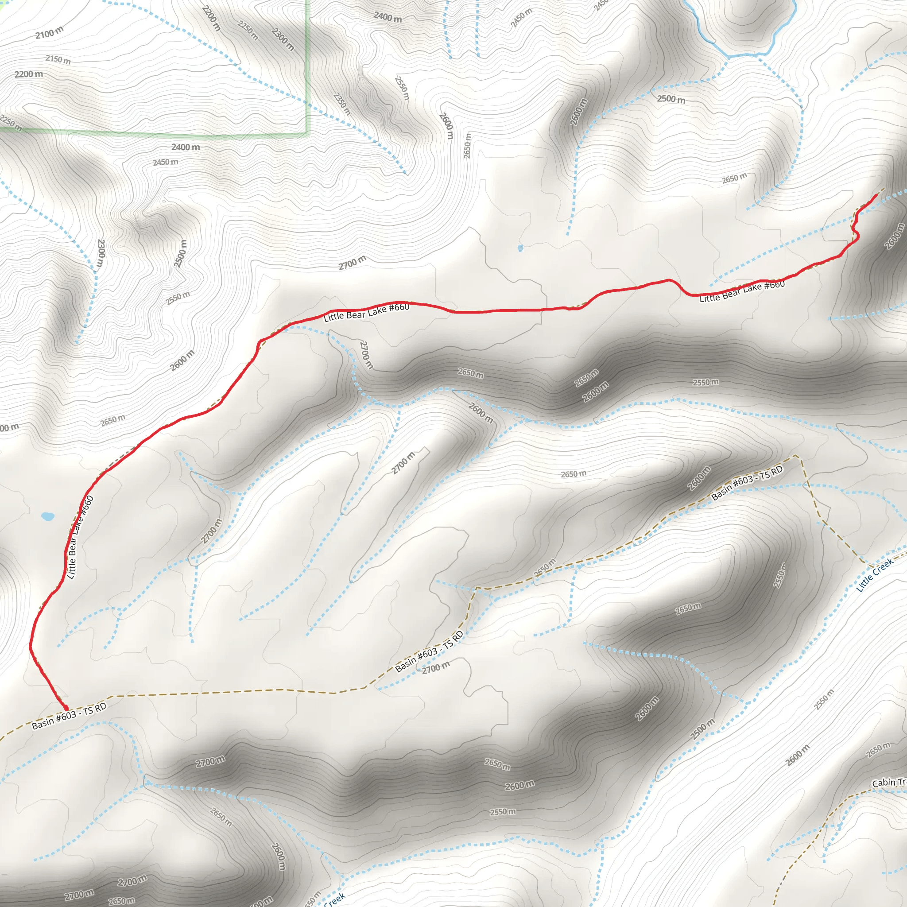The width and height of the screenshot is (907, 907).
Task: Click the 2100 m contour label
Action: pos(49,33)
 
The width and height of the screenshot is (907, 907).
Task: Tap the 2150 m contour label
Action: pos(58,60)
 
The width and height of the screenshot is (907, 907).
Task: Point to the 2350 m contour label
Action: pos(342,104)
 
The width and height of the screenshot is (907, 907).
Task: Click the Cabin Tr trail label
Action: pos(889,782)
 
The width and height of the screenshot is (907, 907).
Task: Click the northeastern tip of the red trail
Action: pos(877,194)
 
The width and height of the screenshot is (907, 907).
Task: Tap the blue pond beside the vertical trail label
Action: pos(47,516)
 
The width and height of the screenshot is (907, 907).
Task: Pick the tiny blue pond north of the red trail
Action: pos(520,248)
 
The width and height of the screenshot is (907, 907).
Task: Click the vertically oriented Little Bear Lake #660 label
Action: pos(80,537)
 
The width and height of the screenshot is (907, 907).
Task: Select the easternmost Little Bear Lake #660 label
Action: pos(742,291)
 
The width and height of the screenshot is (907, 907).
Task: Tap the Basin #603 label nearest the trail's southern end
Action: pos(69,717)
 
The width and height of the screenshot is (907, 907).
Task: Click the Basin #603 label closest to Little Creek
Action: pos(747,483)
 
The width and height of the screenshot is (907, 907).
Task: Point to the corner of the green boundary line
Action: pos(308,134)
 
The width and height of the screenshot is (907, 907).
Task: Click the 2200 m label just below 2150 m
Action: pos(29,74)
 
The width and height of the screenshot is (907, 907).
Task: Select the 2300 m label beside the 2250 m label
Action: pos(283,39)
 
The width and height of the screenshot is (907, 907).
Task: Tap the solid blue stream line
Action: pos(751,54)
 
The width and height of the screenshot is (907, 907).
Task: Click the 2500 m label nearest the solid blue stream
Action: pos(671,99)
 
